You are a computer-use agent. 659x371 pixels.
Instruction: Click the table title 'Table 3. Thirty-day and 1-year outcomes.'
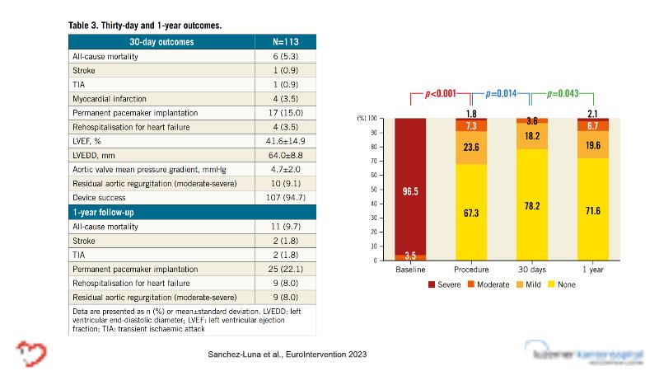pos(145,26)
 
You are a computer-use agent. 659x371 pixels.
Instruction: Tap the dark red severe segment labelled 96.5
pos(410,189)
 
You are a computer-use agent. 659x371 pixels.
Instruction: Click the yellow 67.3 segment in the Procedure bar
pos(471,212)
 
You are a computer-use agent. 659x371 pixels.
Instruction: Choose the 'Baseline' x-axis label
pos(410,269)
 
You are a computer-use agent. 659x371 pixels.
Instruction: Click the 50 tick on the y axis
pos(383,190)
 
